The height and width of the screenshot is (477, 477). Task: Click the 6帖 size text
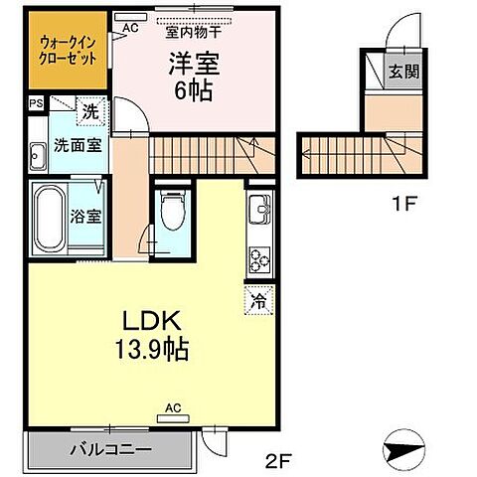[194, 88]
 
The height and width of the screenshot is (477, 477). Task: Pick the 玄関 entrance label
[401, 71]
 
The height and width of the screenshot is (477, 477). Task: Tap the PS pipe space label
[36, 103]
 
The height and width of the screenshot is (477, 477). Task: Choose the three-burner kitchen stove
[258, 256]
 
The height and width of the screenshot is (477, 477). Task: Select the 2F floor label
[278, 459]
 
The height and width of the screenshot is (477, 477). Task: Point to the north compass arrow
[408, 451]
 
